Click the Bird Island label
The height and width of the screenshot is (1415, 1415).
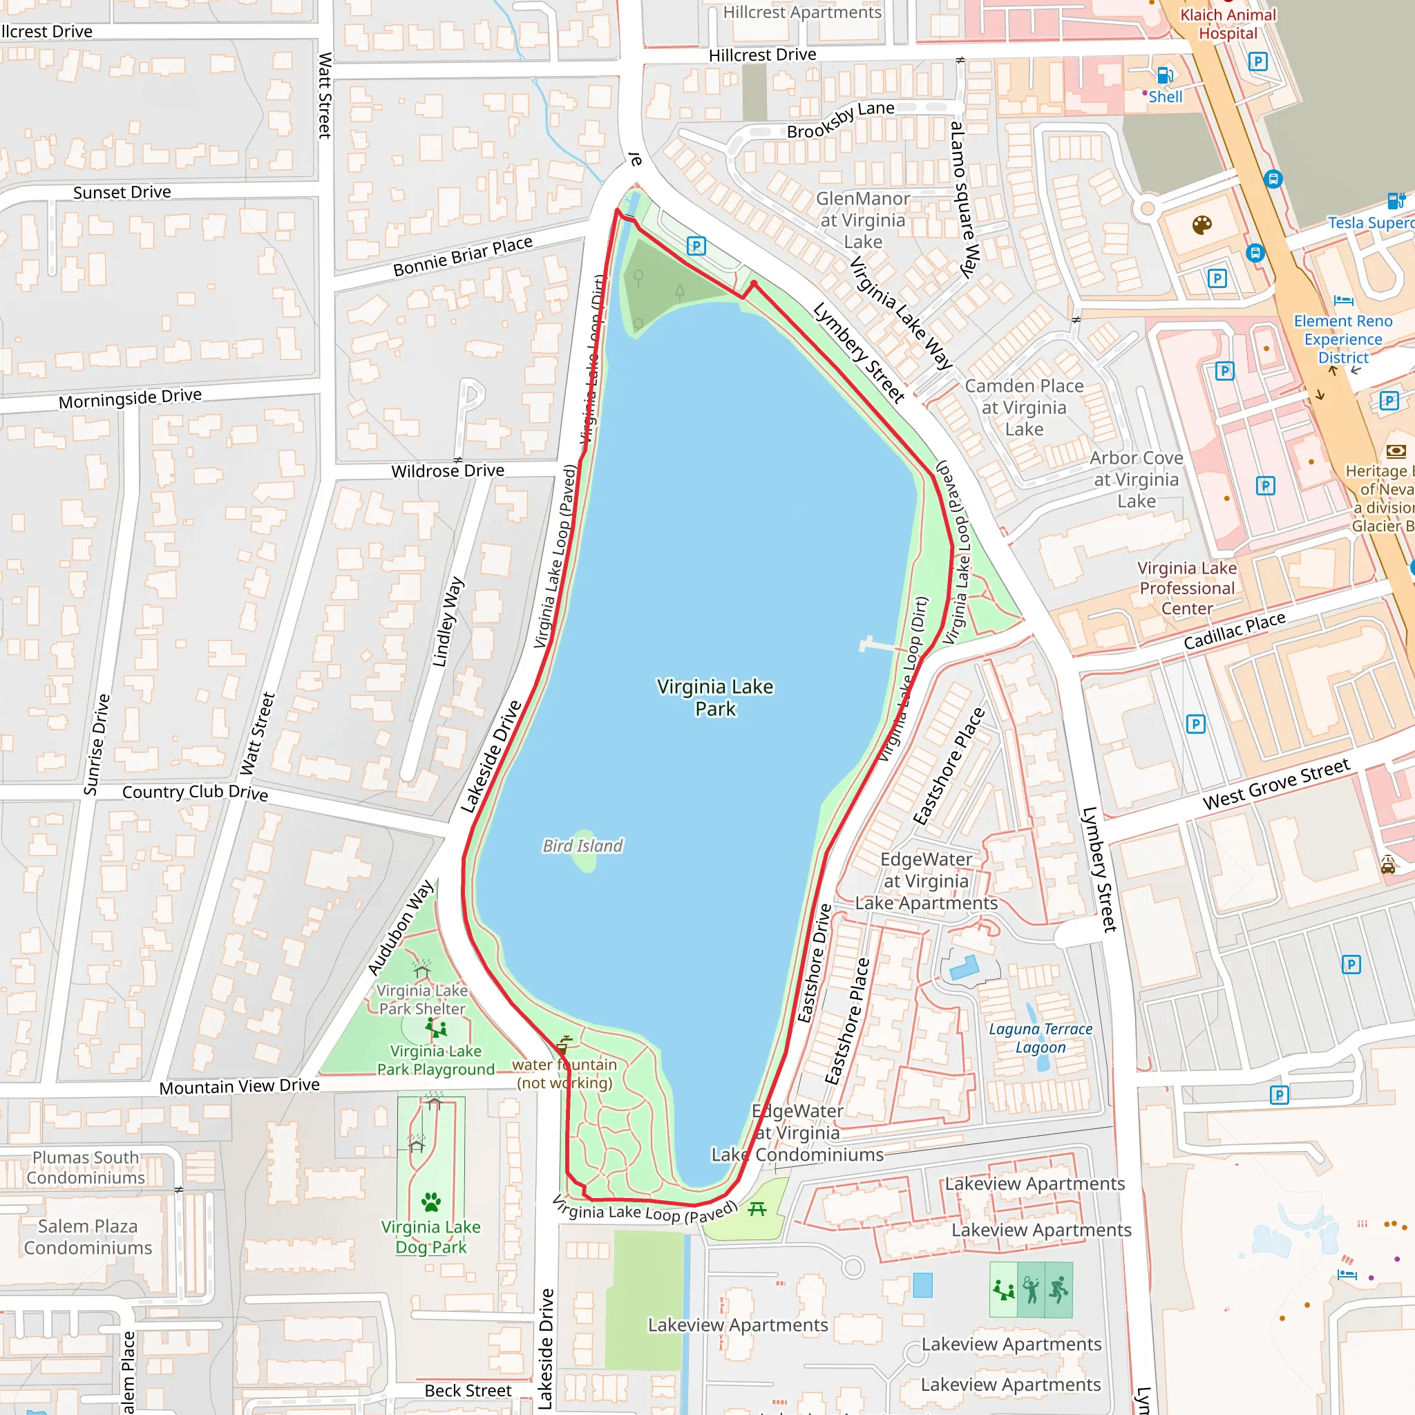pos(582,846)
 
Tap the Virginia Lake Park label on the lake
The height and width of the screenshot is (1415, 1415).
pos(715,697)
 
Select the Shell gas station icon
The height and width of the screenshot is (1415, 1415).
pos(1164,75)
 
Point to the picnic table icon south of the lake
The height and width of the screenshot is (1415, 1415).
pos(757,1208)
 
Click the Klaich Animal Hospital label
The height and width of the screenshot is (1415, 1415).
pos(1228,24)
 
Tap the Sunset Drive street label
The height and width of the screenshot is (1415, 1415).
pos(122,193)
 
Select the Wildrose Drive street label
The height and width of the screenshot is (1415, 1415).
pos(448,471)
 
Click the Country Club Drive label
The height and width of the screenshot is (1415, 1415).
pos(195,792)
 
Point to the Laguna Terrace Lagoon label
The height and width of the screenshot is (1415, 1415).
pos(1040,1038)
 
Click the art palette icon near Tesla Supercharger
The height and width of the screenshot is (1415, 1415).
pos(1202,225)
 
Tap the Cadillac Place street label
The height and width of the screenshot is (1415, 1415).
pos(1234,631)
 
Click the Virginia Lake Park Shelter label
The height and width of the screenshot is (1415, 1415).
pos(422,999)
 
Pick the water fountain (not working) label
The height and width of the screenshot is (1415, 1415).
pos(564,1074)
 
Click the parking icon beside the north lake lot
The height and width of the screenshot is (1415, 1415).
pos(696,246)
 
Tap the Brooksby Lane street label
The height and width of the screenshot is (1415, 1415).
pos(840,121)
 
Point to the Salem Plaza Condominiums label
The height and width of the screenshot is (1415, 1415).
pos(88,1236)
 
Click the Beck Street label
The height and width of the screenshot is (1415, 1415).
pos(468,1390)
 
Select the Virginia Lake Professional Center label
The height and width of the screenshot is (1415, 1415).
pos(1186,588)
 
